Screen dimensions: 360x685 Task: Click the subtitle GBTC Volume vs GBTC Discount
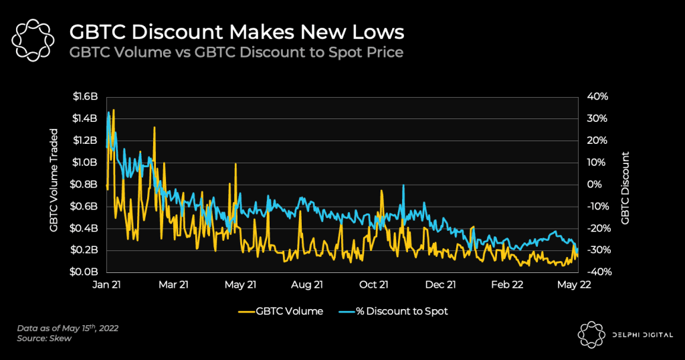[237, 52]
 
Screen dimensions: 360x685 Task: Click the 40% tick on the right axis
[597, 96]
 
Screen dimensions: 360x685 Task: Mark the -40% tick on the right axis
[597, 272]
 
